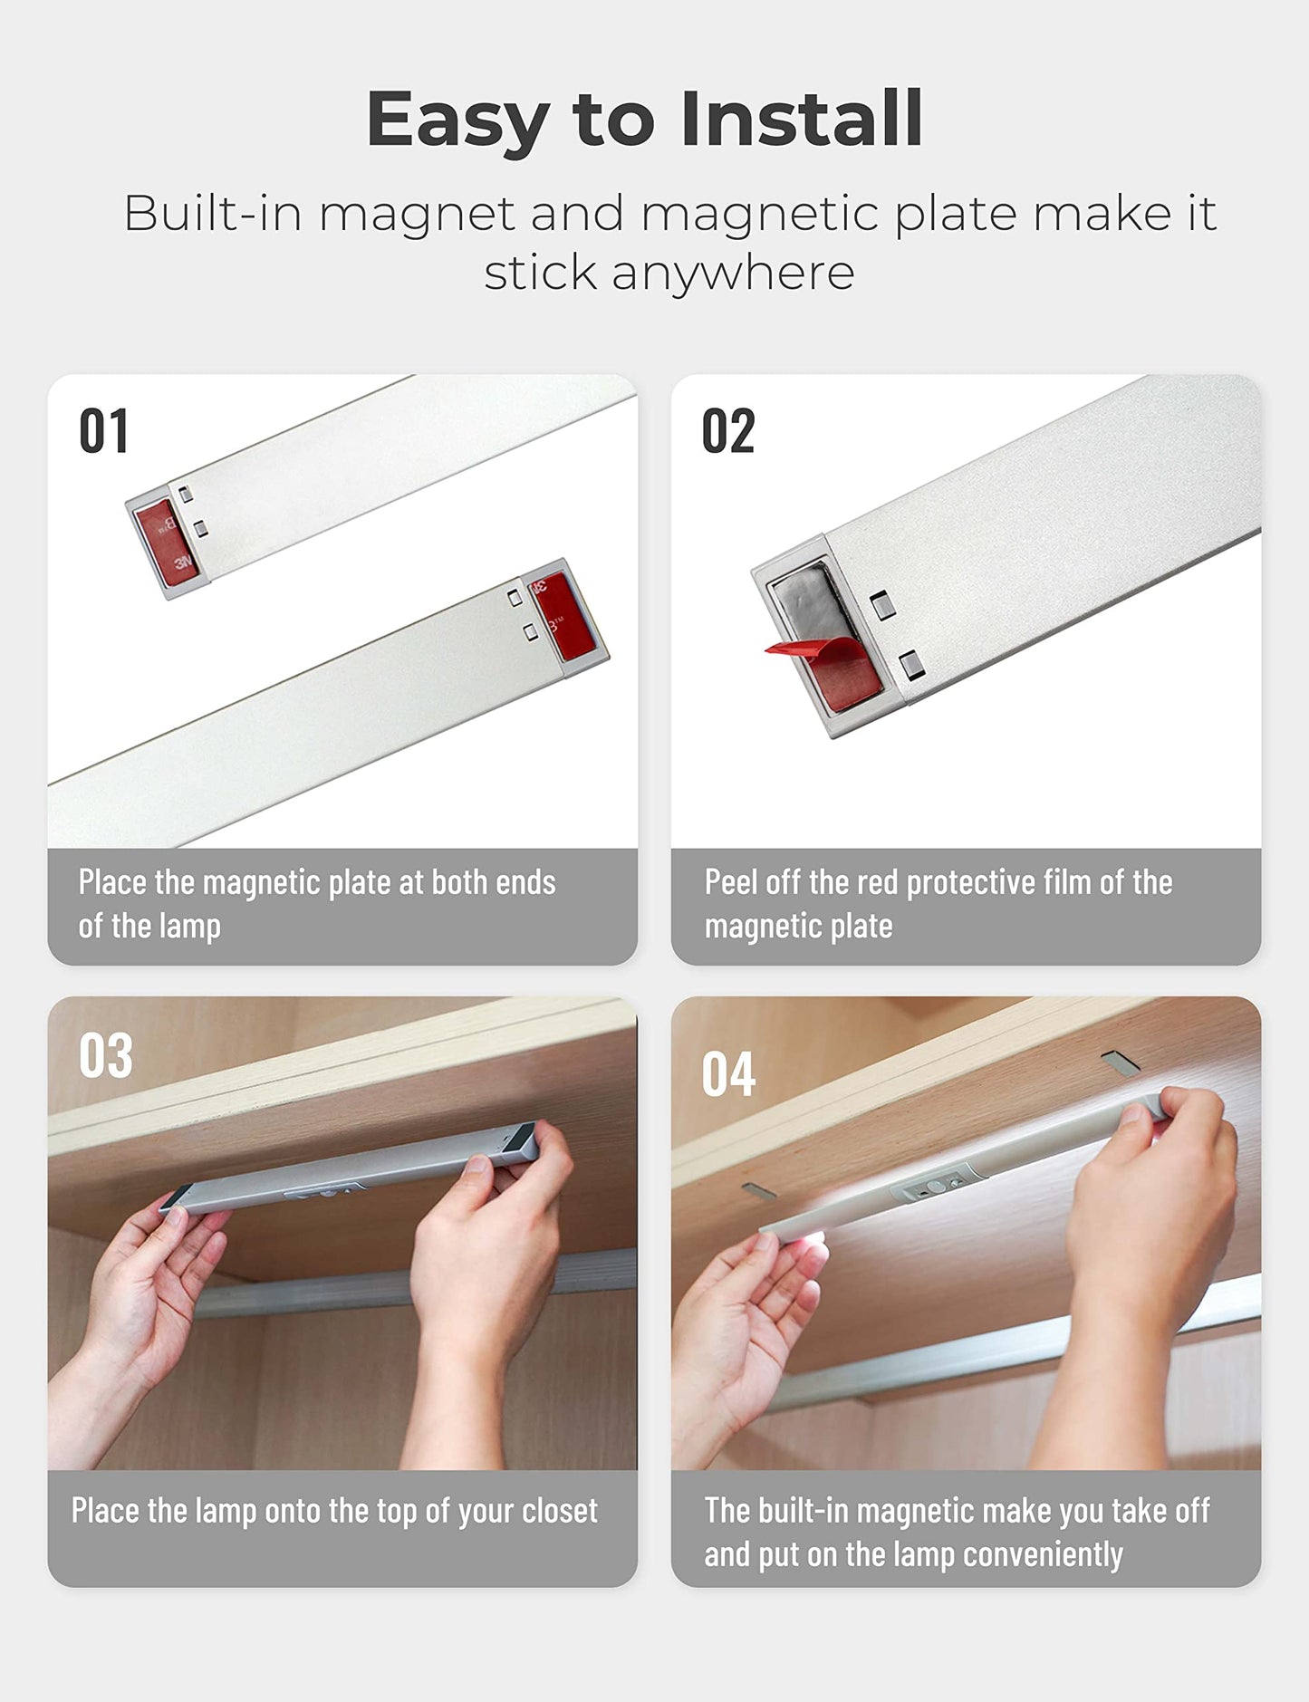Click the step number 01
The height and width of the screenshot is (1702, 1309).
pos(103,430)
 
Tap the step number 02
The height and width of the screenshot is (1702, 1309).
pos(727,430)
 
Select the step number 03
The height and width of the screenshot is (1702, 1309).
pos(105,1055)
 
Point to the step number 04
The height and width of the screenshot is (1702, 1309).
pos(728,1074)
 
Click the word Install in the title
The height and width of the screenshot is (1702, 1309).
pos(801,119)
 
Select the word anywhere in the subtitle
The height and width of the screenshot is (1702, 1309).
pos(732,273)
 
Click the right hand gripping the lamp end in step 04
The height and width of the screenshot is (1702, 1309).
pos(1150,1205)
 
